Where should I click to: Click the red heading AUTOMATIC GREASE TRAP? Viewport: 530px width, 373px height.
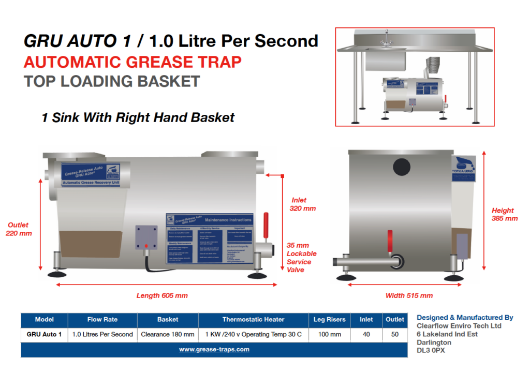pos(132,62)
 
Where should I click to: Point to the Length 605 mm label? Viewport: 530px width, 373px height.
pos(162,295)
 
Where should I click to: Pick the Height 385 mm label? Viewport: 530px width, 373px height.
pos(505,214)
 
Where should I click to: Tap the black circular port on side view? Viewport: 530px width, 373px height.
pos(402,167)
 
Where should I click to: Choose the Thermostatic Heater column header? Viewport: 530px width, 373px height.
pos(253,319)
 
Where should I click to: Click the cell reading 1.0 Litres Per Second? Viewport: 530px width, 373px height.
pos(102,334)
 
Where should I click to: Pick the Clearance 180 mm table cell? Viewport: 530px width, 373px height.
pos(168,334)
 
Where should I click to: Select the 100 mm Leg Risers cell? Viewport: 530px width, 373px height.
pos(329,334)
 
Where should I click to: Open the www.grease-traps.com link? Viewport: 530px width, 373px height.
pos(214,349)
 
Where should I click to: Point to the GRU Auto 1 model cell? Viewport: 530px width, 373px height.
pos(44,334)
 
